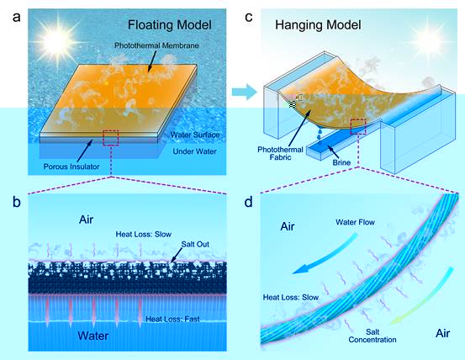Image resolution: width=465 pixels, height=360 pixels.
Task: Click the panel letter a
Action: pyautogui.click(x=17, y=17)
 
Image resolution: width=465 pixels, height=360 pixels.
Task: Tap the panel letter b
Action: pyautogui.click(x=17, y=202)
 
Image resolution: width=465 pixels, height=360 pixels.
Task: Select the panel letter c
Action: pyautogui.click(x=249, y=17)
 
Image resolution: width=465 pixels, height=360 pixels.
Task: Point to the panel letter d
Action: pyautogui.click(x=249, y=202)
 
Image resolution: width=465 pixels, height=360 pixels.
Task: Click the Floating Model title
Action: pyautogui.click(x=170, y=25)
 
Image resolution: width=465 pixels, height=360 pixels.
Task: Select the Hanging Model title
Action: pyautogui.click(x=318, y=25)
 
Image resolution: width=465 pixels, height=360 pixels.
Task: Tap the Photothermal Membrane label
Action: pyautogui.click(x=156, y=45)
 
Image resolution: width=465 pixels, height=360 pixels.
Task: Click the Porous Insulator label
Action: pyautogui.click(x=71, y=167)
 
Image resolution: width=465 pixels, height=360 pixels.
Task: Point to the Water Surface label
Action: pyautogui.click(x=195, y=135)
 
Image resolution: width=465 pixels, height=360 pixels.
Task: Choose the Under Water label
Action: pyautogui.click(x=194, y=151)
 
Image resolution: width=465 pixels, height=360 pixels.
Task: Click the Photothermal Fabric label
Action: pyautogui.click(x=280, y=153)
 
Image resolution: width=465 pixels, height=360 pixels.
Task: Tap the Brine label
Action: pyautogui.click(x=341, y=162)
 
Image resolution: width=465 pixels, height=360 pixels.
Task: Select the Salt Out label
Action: pyautogui.click(x=195, y=245)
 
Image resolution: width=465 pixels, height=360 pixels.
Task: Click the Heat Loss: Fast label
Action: pyautogui.click(x=172, y=320)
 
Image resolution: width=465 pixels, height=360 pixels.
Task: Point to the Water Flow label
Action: pyautogui.click(x=356, y=222)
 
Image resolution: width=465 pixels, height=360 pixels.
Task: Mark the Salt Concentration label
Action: pyautogui.click(x=373, y=336)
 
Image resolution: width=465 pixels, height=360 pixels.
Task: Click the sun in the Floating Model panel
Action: pyautogui.click(x=56, y=41)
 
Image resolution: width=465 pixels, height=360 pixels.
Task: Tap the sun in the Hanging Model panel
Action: pyautogui.click(x=427, y=40)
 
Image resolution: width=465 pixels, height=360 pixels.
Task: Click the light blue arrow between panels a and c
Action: pyautogui.click(x=244, y=92)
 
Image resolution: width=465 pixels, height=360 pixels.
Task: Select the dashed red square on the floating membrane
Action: pyautogui.click(x=111, y=138)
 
